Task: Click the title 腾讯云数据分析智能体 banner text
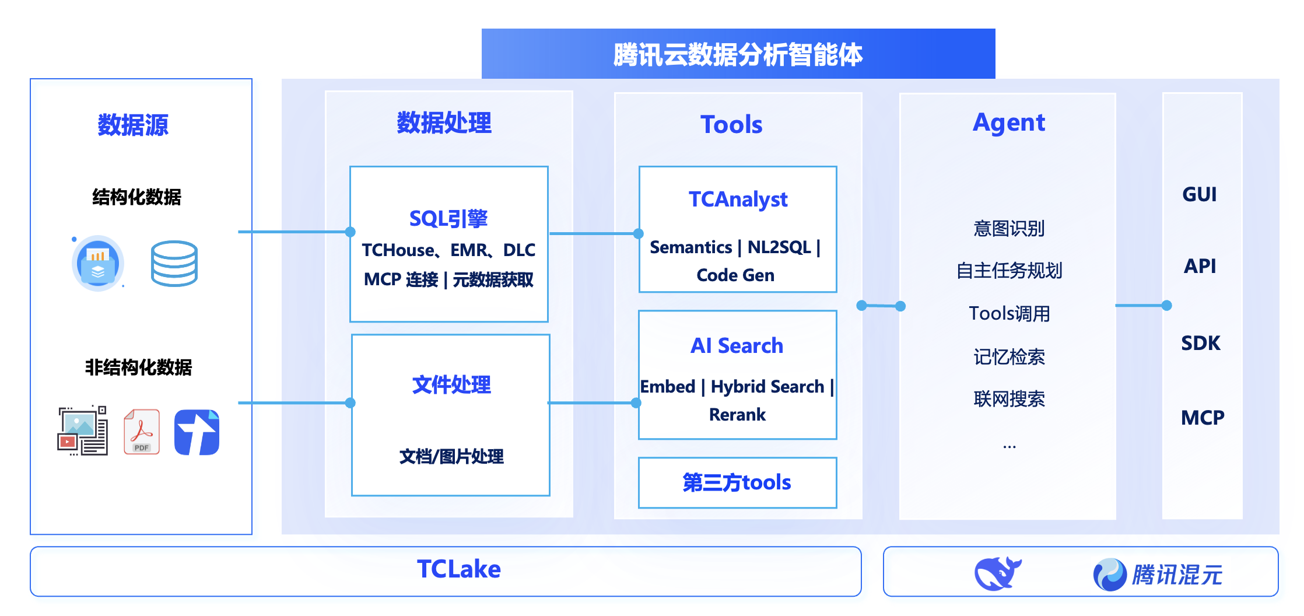[x=738, y=55]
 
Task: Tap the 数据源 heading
[x=133, y=125]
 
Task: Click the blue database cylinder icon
[x=174, y=264]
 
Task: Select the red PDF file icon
[x=141, y=432]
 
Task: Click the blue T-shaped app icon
[x=197, y=432]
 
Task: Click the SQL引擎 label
[x=448, y=219]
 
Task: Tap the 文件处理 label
[x=451, y=385]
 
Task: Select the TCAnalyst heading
[x=738, y=199]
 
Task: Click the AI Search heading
[x=737, y=346]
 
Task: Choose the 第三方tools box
[x=737, y=483]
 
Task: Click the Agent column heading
[x=1008, y=123]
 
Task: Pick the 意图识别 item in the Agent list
[x=1008, y=229]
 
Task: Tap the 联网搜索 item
[x=1008, y=400]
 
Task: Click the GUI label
[x=1199, y=194]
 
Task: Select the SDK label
[x=1200, y=343]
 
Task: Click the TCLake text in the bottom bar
[x=458, y=569]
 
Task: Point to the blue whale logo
[x=997, y=573]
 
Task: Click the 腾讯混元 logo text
[x=1176, y=575]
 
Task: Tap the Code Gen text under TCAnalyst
[x=735, y=275]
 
